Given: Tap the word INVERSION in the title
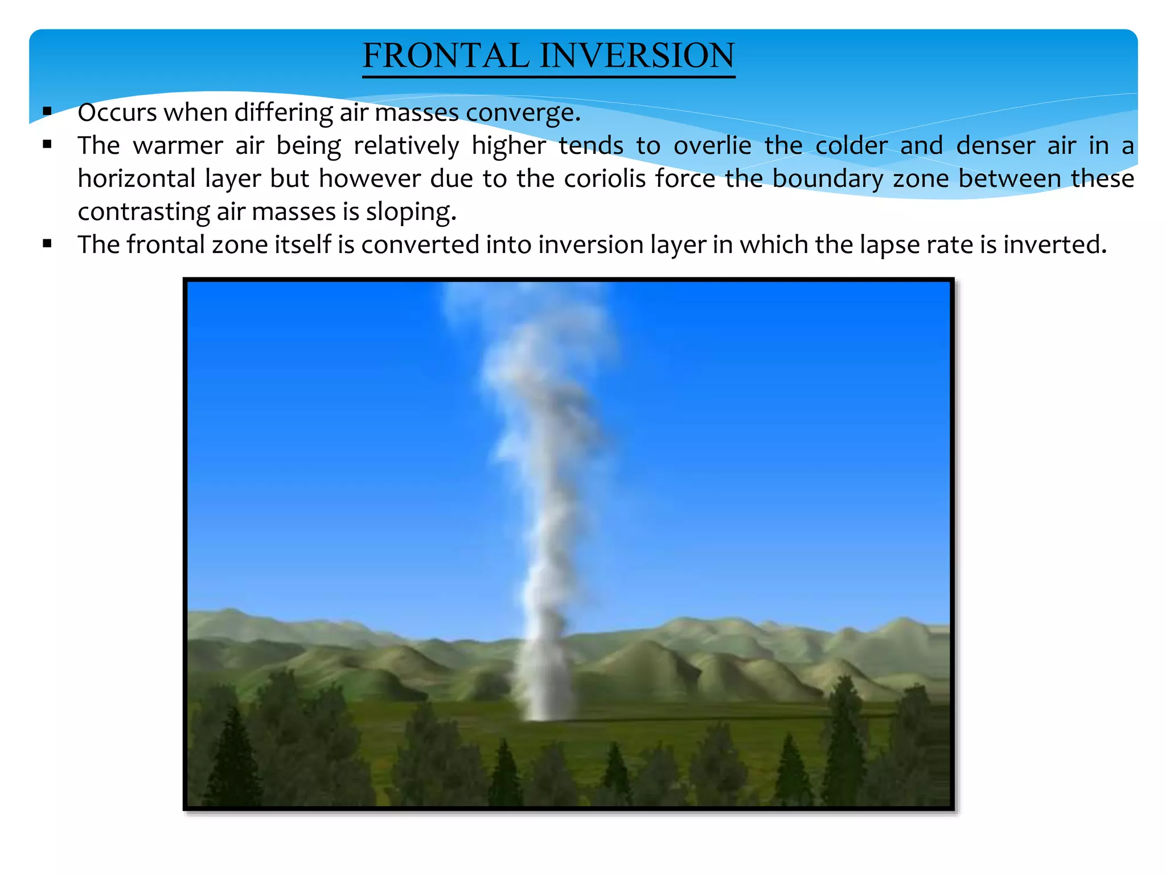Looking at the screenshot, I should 637,56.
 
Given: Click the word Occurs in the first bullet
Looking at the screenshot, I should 117,112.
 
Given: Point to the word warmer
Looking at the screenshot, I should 178,146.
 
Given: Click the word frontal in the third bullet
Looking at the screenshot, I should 165,245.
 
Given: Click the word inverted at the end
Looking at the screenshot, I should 1054,245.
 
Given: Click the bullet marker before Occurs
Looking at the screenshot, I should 47,111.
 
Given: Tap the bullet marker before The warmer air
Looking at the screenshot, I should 47,145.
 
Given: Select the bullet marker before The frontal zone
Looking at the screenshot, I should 47,244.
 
